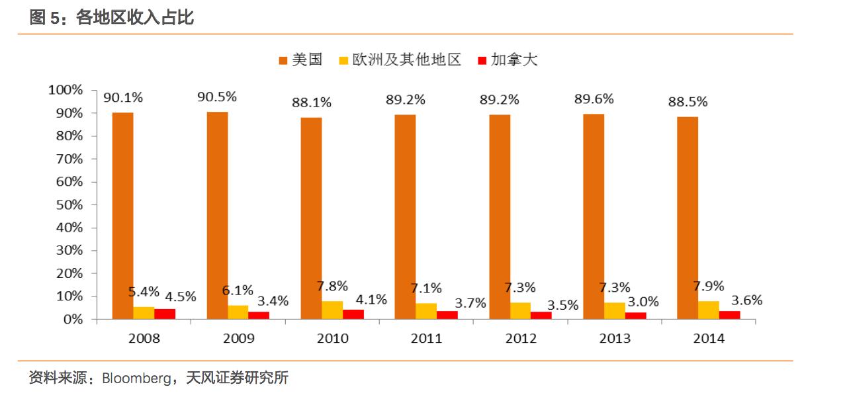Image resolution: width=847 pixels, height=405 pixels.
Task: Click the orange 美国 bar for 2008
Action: coord(122,216)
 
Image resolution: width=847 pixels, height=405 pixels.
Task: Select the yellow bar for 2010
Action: coord(332,310)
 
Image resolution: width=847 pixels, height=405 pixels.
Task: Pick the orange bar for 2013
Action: coord(594,216)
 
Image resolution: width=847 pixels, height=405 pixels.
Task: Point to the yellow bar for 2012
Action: coord(521,311)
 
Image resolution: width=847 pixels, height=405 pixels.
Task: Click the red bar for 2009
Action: coord(259,315)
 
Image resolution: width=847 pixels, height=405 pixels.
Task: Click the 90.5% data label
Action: coord(217,97)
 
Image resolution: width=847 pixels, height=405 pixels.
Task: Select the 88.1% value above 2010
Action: coord(312,103)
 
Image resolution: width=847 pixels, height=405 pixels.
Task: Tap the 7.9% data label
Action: coord(708,286)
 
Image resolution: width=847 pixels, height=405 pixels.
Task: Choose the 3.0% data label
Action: coord(643,302)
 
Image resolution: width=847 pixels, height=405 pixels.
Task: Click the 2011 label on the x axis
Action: coord(427,339)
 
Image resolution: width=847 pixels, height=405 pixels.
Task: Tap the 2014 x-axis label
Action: coord(709,339)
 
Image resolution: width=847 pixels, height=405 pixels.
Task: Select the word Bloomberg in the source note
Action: coord(136,379)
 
